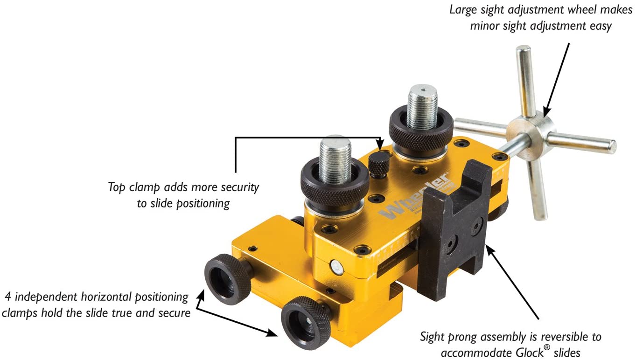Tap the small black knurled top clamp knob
379,164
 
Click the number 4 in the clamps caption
7,297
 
